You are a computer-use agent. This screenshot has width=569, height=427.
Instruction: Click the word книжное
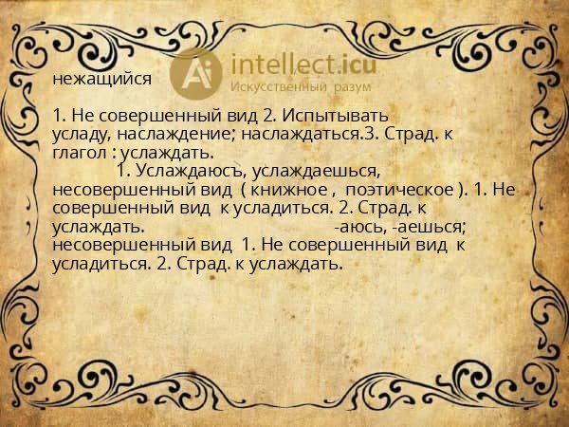click(x=289, y=190)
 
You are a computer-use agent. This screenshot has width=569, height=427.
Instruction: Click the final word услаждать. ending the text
click(x=294, y=264)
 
